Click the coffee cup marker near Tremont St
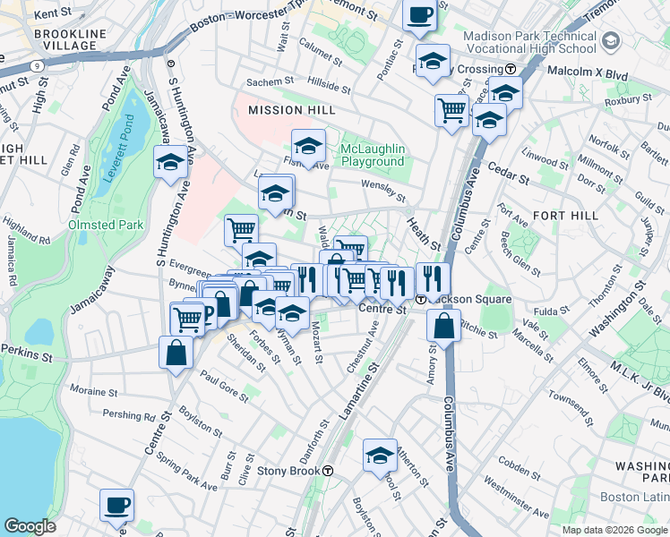[x=418, y=15]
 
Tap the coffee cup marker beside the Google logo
[x=116, y=505]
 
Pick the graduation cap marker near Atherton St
[x=380, y=455]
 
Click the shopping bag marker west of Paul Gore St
[x=176, y=352]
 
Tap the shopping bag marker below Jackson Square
[x=444, y=326]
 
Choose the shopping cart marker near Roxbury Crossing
[x=452, y=111]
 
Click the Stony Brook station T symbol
[x=329, y=471]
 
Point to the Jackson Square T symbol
[x=420, y=299]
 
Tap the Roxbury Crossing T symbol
[x=510, y=69]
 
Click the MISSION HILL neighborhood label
[x=287, y=109]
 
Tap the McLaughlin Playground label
[x=373, y=155]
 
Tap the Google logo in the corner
[x=30, y=526]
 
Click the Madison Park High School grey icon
[x=611, y=40]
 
